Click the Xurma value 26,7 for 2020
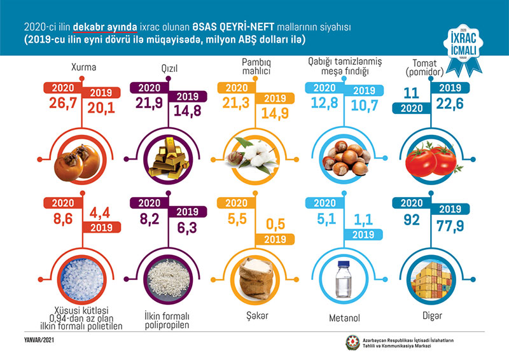pos(58,103)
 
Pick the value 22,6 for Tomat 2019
pos(450,102)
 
